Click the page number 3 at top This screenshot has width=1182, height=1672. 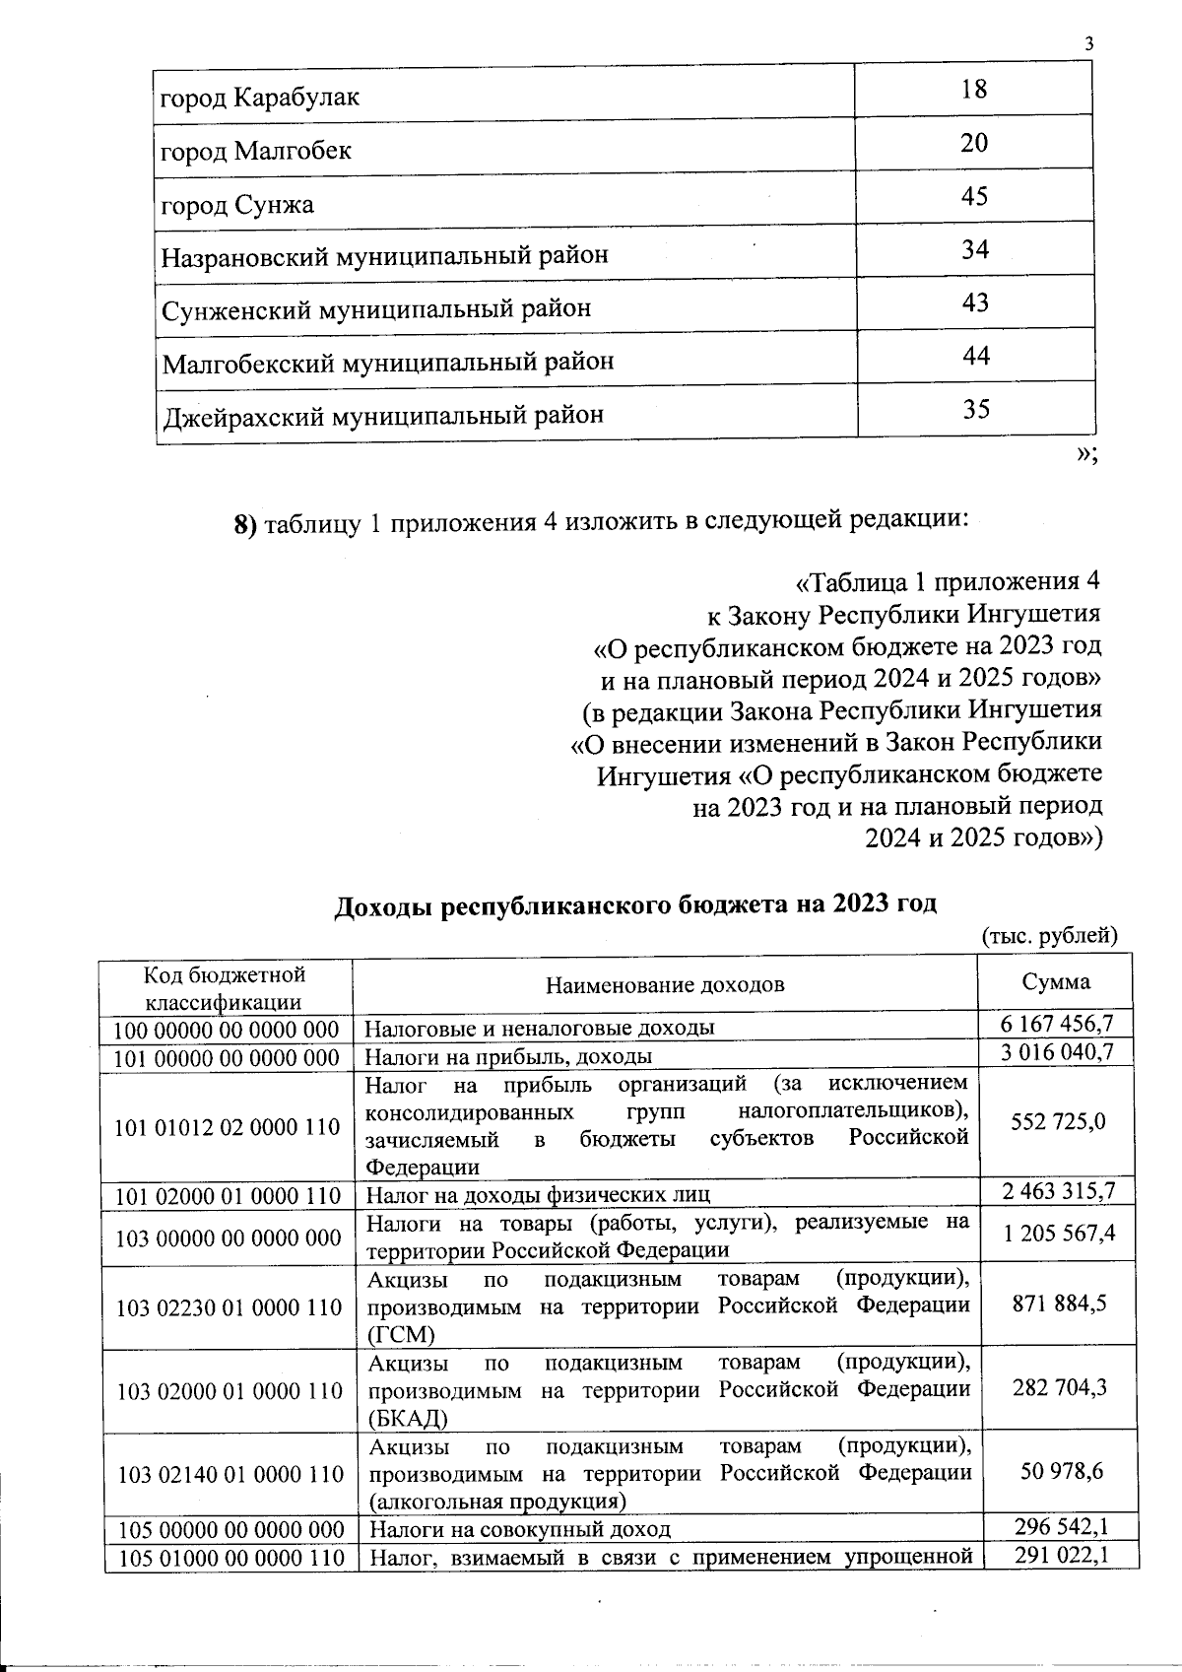1088,44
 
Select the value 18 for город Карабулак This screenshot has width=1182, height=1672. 974,90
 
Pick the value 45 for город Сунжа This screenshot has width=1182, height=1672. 974,197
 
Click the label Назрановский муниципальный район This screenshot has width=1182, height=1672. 385,256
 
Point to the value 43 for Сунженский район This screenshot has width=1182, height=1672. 975,302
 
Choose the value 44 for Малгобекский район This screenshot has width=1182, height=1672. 975,356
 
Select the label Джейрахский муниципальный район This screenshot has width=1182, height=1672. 383,415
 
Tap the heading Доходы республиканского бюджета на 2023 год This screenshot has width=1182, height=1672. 634,904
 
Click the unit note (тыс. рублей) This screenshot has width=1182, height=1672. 1050,935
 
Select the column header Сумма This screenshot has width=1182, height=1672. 1056,982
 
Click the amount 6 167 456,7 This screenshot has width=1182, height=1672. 1058,1025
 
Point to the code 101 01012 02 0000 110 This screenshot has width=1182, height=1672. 228,1126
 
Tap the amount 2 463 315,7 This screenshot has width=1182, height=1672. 1058,1192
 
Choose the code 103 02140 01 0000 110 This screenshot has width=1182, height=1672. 230,1475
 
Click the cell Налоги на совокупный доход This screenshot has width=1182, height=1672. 519,1529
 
